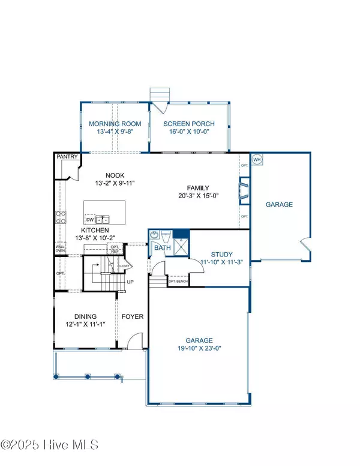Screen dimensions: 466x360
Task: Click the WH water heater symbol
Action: pos(257,159)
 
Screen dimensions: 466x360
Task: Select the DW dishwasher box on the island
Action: pos(89,219)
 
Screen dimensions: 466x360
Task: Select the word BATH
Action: pos(161,247)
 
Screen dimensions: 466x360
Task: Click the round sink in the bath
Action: pos(154,235)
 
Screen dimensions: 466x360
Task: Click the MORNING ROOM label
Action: pos(115,124)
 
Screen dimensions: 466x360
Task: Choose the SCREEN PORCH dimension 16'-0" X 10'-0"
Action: pos(190,133)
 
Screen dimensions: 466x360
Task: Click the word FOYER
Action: pos(132,316)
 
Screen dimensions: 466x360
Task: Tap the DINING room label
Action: pos(85,316)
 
